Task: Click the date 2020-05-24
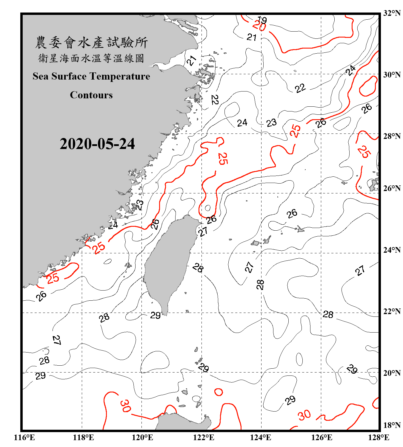97,144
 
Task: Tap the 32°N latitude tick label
392,13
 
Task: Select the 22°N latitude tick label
392,312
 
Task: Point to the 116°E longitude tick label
24,437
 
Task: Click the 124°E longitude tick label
261,437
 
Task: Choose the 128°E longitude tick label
379,437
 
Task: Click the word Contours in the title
91,95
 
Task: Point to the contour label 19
262,20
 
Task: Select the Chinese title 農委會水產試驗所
91,43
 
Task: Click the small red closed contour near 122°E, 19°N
219,392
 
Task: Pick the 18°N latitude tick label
392,425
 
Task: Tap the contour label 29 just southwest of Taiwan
155,315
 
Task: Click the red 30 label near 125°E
304,415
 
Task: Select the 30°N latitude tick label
392,75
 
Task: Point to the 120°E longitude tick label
142,437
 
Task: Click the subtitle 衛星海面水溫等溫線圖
91,58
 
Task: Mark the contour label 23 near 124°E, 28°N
271,122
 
